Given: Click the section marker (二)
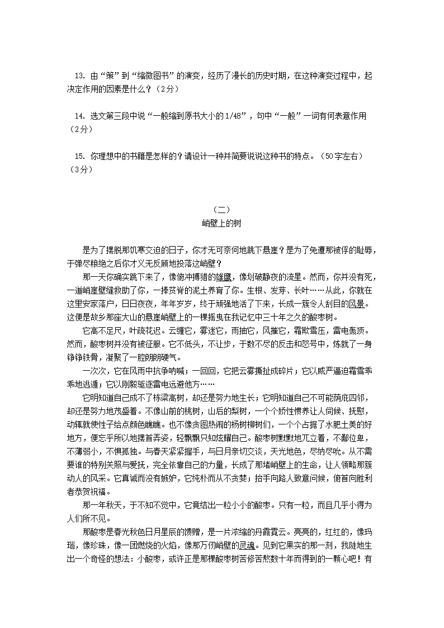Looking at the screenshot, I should (x=221, y=210).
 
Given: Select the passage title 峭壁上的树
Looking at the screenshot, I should (x=221, y=223).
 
